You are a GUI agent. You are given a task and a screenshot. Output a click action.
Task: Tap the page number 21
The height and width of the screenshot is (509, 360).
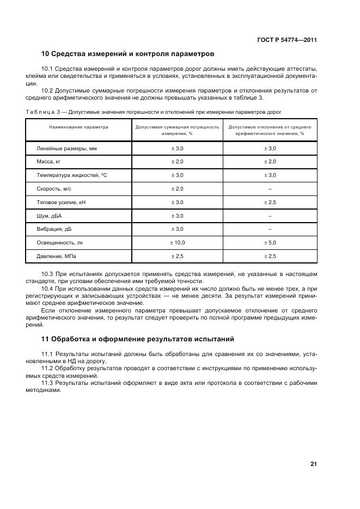(x=313, y=464)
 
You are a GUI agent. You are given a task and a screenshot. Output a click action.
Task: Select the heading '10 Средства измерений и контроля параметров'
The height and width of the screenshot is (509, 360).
(x=127, y=54)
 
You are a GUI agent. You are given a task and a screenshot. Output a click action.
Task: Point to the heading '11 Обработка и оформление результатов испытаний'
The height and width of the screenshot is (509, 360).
(x=137, y=339)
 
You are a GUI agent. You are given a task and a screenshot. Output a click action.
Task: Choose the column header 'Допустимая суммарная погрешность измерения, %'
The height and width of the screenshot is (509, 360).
(x=177, y=130)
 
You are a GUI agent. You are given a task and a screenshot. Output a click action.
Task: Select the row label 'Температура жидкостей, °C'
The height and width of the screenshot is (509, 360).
(x=71, y=175)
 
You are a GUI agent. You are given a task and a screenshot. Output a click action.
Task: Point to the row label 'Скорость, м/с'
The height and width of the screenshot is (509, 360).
(x=54, y=188)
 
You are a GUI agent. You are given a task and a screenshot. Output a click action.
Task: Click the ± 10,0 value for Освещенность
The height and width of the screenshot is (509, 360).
(x=178, y=243)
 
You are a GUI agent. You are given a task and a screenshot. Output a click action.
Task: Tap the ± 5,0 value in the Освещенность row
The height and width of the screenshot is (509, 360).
(x=270, y=243)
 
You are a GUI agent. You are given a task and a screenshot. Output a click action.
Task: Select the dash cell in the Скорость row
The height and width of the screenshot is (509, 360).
(x=270, y=188)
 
